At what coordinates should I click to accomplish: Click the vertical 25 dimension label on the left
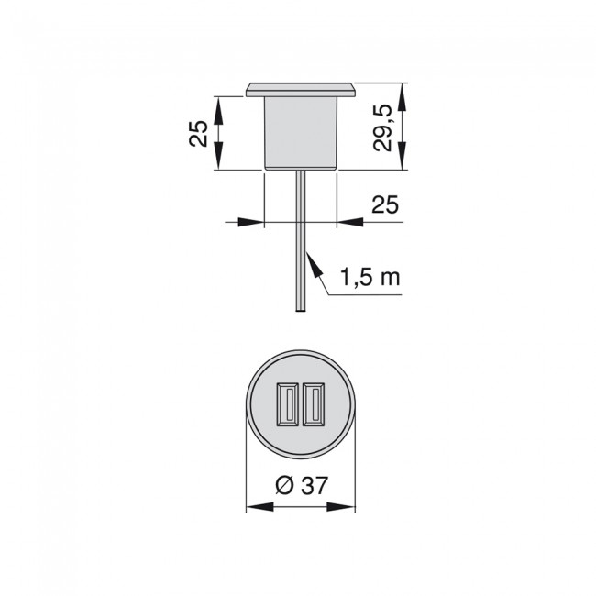195,133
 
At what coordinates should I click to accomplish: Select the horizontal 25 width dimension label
386,205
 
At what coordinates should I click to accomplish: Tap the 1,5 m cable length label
370,277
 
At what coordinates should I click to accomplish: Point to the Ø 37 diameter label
301,487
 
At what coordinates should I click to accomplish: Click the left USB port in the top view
285,404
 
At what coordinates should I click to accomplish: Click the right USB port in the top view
315,404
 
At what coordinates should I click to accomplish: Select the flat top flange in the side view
301,89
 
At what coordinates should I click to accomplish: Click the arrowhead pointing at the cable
311,261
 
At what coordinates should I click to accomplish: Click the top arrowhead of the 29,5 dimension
403,93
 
